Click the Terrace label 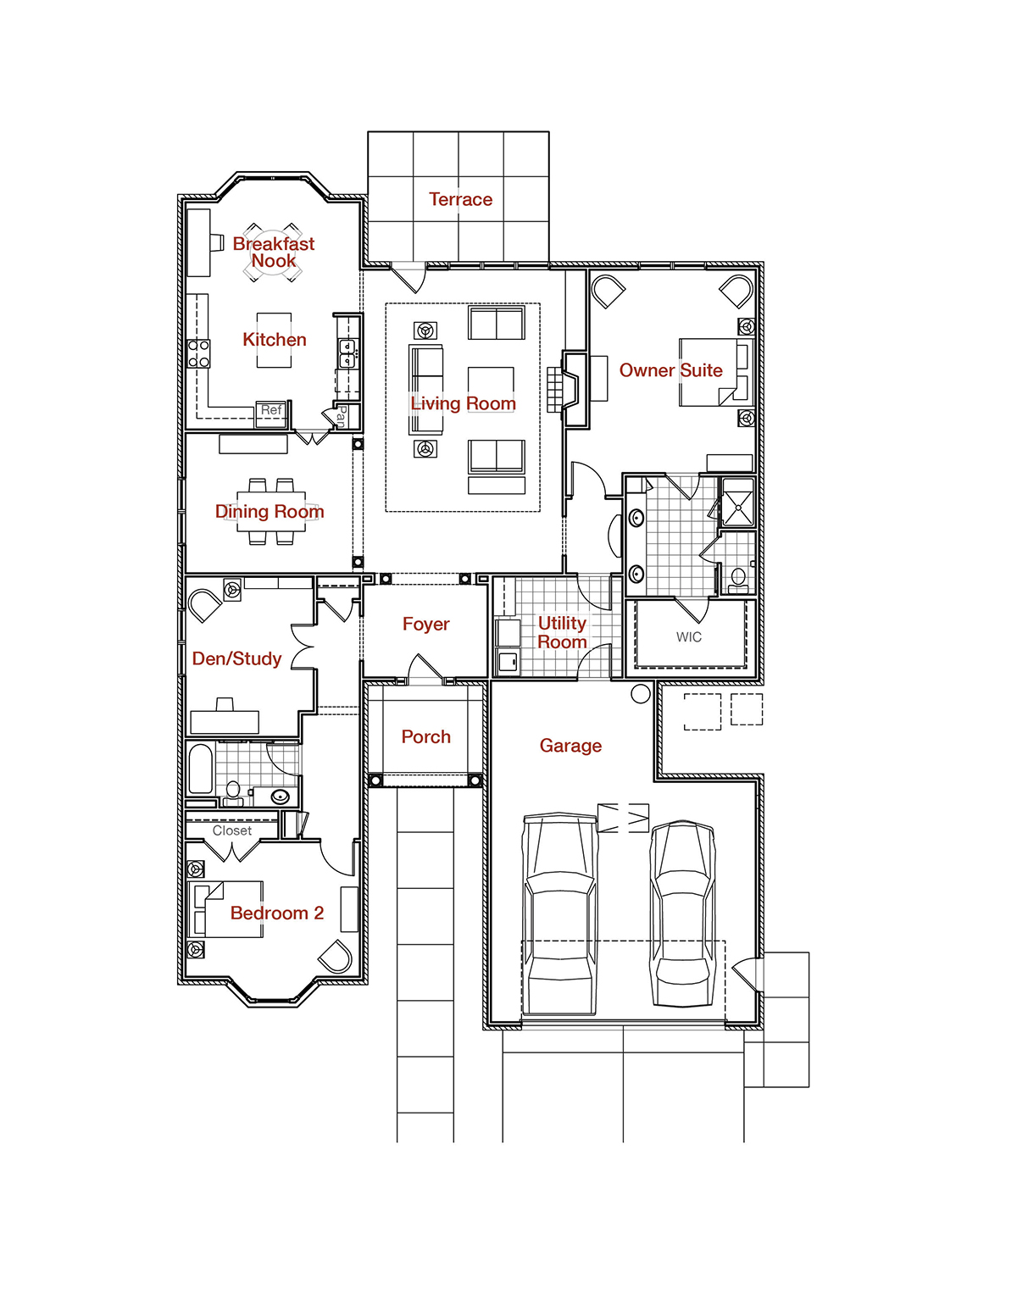click(460, 199)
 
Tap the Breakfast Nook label click(274, 252)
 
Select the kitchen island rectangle click(274, 340)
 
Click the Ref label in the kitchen click(270, 410)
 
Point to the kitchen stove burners click(198, 354)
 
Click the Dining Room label click(270, 511)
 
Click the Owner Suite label click(670, 370)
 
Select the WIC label click(689, 637)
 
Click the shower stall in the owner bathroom click(738, 502)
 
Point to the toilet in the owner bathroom click(738, 580)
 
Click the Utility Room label click(562, 632)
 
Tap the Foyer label click(425, 624)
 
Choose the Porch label click(425, 736)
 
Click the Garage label click(570, 746)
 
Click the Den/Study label click(236, 658)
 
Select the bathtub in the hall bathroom click(201, 769)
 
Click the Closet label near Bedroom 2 click(232, 830)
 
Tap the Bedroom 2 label click(277, 913)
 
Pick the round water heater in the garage click(640, 693)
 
